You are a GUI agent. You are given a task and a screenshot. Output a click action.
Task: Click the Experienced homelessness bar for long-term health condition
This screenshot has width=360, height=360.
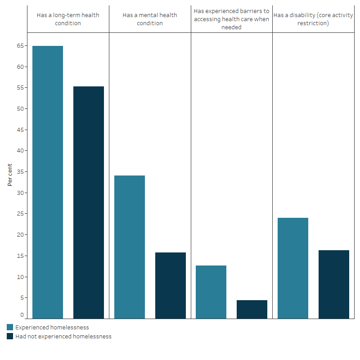(x=48, y=182)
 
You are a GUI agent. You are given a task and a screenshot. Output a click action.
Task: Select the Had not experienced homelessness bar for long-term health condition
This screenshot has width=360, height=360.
(x=89, y=202)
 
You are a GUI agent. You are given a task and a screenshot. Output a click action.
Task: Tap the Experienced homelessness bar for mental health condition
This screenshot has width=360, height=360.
(x=130, y=247)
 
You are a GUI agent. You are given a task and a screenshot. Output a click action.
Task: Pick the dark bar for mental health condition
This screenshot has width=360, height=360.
(x=171, y=285)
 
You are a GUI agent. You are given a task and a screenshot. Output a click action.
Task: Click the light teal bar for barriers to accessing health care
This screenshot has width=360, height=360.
(x=211, y=292)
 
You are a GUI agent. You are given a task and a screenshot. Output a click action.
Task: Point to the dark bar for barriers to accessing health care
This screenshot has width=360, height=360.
(x=252, y=309)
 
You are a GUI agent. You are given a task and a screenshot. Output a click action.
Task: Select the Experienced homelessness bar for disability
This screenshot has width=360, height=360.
(x=293, y=268)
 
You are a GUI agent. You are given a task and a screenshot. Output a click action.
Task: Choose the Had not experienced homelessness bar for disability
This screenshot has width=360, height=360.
(x=334, y=284)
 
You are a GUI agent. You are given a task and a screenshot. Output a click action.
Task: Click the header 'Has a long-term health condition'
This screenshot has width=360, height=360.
(x=68, y=19)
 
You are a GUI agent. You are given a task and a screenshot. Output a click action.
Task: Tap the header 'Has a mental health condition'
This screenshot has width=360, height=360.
(x=150, y=19)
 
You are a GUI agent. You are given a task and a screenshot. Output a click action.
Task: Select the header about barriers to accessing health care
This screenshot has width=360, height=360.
(x=231, y=19)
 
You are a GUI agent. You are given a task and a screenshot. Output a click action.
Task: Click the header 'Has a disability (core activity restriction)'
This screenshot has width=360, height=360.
(x=313, y=19)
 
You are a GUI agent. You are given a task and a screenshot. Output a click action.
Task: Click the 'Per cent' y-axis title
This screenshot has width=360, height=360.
(x=10, y=175)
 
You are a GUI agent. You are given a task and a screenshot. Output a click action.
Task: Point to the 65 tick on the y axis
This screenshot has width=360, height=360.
(x=20, y=46)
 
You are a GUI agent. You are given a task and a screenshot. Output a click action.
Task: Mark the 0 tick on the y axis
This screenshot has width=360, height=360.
(x=22, y=315)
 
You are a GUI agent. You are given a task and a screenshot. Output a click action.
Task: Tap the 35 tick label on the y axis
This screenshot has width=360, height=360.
(x=20, y=172)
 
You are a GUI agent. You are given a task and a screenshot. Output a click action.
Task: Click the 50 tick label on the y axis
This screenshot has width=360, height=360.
(x=20, y=109)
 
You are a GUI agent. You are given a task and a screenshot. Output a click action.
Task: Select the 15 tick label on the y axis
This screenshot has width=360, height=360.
(x=20, y=256)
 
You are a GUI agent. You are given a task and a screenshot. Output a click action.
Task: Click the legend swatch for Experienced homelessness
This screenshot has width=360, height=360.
(x=10, y=327)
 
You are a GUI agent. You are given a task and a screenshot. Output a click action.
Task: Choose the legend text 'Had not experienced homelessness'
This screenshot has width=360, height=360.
(x=63, y=336)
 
